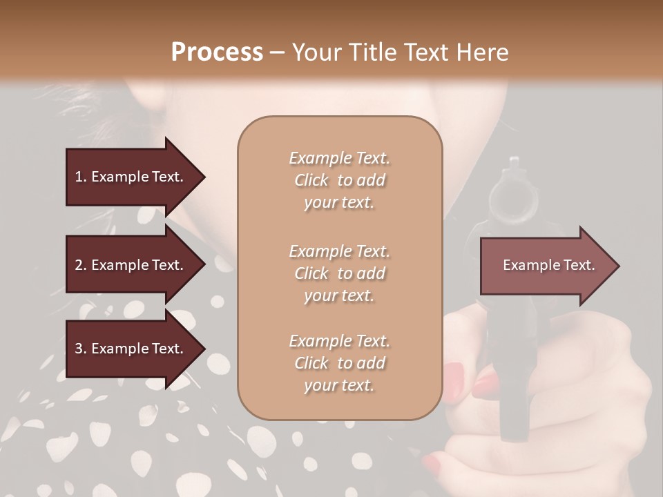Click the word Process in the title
217,52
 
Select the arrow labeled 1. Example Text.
131,177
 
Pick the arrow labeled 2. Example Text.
131,265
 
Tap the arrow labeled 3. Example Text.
131,349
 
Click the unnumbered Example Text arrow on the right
548,265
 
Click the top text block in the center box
339,180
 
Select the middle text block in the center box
339,273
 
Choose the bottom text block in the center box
339,363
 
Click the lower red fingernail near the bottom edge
432,460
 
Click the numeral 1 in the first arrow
78,177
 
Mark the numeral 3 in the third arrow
79,349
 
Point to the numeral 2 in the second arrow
79,265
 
